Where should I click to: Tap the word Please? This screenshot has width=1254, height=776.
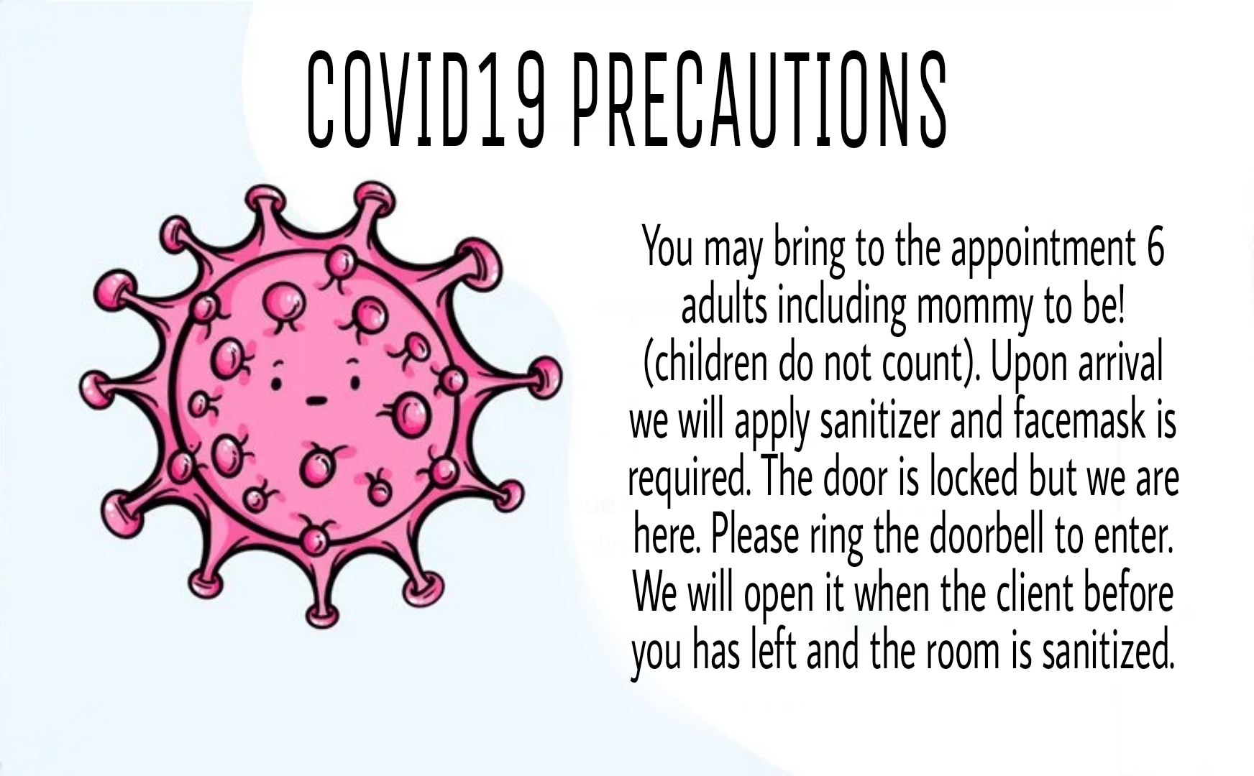(754, 538)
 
